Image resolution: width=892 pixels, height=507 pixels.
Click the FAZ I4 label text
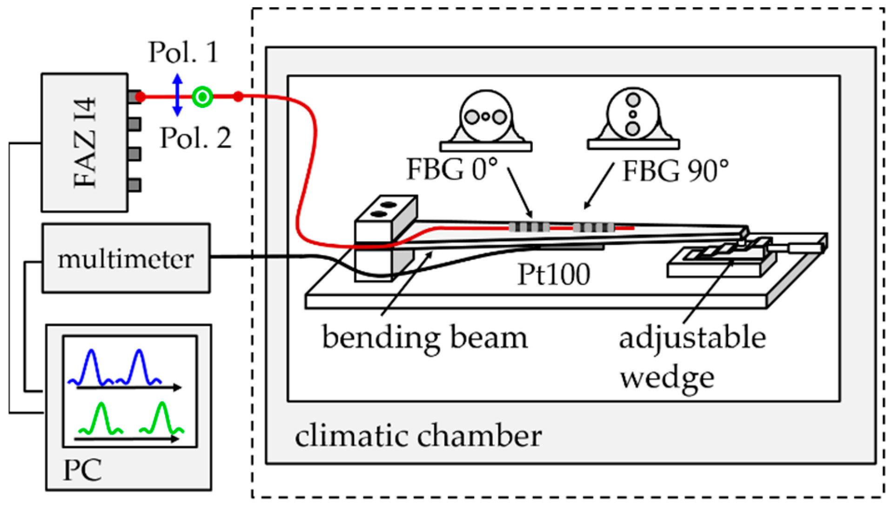point(85,142)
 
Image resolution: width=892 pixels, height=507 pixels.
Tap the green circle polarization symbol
point(202,97)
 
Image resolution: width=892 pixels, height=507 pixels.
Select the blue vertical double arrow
point(177,95)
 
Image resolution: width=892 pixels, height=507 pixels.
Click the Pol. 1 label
point(183,52)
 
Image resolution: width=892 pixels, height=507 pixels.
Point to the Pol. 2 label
point(195,138)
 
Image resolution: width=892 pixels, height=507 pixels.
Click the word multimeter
point(126,259)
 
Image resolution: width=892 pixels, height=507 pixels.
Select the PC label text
point(82,470)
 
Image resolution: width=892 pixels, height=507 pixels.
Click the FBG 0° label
point(452,169)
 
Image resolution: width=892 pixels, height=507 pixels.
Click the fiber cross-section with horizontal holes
point(486,117)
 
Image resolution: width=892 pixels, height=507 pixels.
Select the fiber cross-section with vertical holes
point(633,114)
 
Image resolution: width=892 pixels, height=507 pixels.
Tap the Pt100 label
point(554,274)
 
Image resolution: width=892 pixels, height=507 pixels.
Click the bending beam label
point(425,338)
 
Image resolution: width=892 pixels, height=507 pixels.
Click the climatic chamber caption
point(418,436)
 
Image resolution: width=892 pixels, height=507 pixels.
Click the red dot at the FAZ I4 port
point(140,97)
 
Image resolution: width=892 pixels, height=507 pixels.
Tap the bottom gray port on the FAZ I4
point(134,185)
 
